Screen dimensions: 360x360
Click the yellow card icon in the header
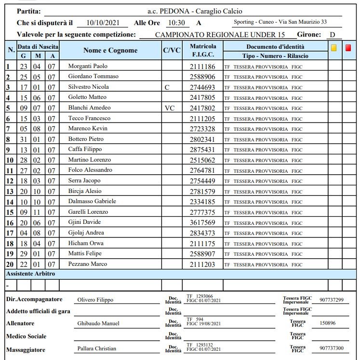tap(334, 48)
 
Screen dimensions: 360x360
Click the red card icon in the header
tap(348, 48)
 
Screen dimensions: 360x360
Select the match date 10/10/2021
tap(102, 23)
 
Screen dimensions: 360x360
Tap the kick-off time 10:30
tap(176, 23)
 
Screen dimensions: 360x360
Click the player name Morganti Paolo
tap(88, 66)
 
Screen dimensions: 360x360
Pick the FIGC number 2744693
tap(202, 87)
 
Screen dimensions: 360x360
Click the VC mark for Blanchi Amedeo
tap(170, 108)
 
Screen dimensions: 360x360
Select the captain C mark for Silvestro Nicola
tap(167, 87)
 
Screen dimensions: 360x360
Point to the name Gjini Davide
tap(84, 222)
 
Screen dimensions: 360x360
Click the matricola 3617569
tap(202, 223)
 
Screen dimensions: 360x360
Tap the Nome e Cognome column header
tap(110, 50)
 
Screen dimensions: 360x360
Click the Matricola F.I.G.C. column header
tap(203, 50)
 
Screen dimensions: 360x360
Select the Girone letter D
tap(332, 35)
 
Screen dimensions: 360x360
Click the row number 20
tap(10, 264)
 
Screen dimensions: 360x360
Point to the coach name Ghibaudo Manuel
tap(98, 323)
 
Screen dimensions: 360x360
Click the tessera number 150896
tap(328, 323)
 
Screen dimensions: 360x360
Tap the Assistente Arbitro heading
tap(30, 274)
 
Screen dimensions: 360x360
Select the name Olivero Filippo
tap(95, 300)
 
